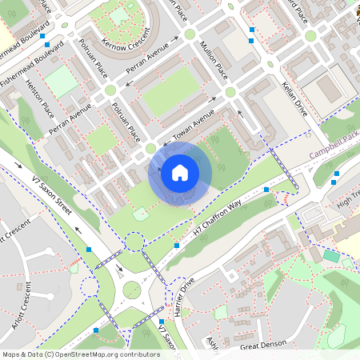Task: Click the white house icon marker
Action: click(180, 173)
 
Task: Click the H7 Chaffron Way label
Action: click(217, 219)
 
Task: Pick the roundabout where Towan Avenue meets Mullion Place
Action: click(230, 93)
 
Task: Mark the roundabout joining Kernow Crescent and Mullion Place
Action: click(190, 34)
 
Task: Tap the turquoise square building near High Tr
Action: click(331, 256)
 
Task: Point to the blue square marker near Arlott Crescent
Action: click(89, 250)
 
